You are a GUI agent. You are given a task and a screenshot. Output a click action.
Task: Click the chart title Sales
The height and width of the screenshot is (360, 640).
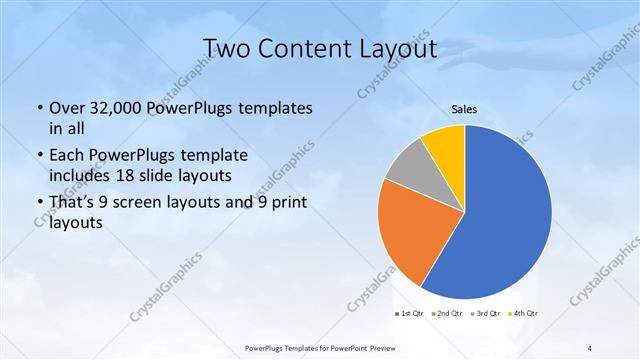tap(464, 109)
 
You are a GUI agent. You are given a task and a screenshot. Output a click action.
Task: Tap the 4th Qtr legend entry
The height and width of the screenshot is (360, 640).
tap(526, 314)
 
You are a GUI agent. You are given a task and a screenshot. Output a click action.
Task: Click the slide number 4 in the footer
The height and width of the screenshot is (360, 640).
tap(590, 347)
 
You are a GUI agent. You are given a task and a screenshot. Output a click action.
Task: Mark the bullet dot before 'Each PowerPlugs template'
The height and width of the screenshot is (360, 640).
tap(39, 156)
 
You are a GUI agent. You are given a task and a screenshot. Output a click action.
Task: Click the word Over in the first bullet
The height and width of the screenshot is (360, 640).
tap(68, 108)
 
